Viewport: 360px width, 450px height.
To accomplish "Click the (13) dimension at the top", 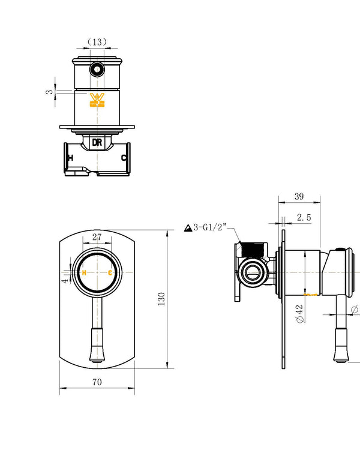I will [97, 41].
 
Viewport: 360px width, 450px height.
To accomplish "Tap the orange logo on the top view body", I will [97, 101].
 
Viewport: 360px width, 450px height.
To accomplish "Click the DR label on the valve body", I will [97, 142].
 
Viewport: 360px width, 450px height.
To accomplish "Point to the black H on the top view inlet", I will [71, 158].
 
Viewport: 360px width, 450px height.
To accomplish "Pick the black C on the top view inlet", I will [124, 158].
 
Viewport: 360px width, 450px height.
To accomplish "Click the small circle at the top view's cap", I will [96, 70].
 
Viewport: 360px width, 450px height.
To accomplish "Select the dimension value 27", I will [97, 236].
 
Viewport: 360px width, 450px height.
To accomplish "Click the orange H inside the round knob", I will [84, 273].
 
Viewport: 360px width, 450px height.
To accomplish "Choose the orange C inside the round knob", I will [110, 273].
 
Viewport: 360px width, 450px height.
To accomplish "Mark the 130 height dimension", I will [160, 298].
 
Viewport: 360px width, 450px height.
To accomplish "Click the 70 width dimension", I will [97, 382].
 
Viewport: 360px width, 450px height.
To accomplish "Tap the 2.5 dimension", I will [304, 218].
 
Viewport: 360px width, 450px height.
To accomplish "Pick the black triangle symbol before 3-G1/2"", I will [187, 228].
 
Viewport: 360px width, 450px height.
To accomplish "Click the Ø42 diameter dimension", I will [299, 313].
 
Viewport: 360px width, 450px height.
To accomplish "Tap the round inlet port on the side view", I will [252, 274].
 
